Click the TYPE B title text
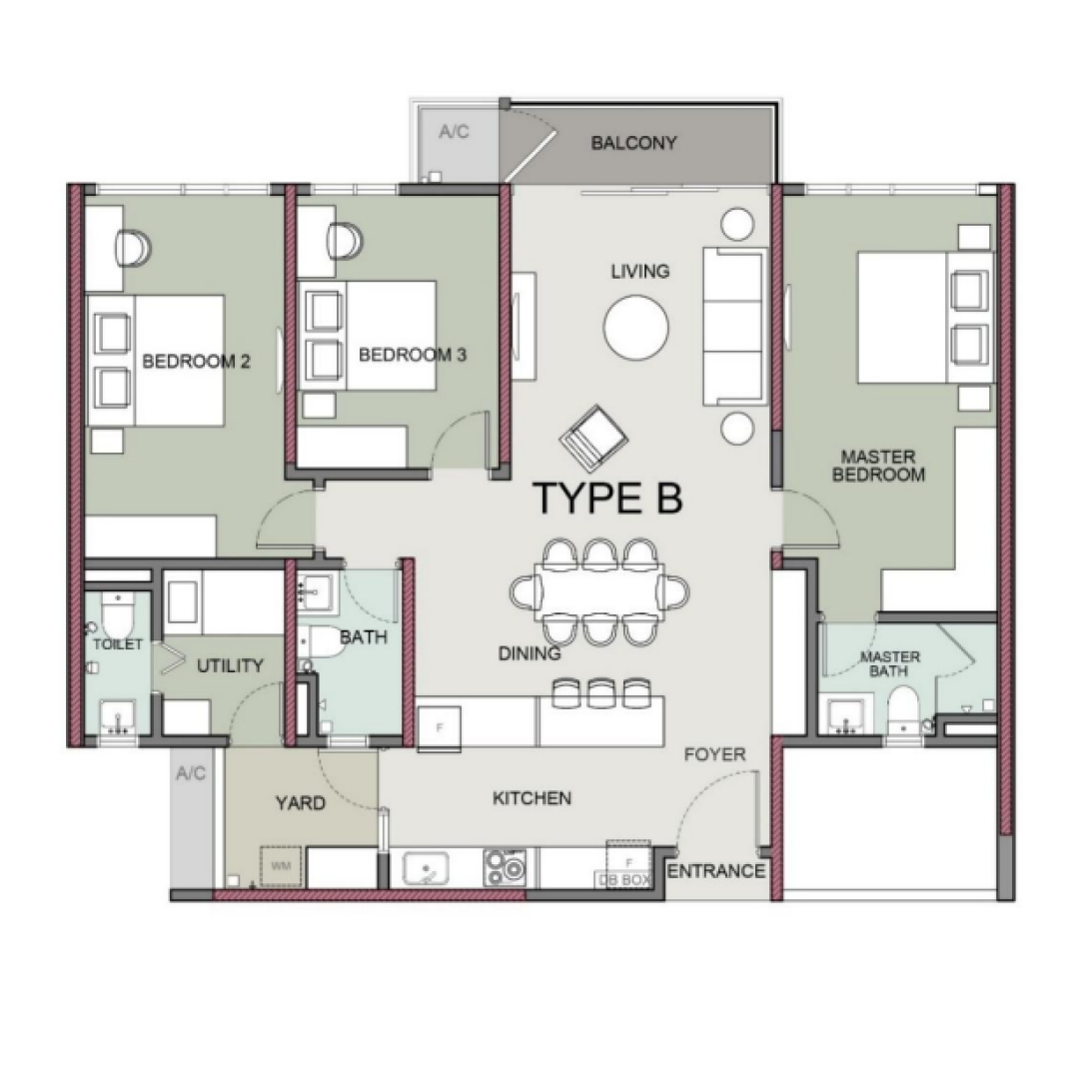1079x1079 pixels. pos(608,499)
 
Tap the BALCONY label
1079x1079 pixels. pos(633,143)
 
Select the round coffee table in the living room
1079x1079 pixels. pos(635,327)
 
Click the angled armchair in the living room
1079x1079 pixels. pos(593,434)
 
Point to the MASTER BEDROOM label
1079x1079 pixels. pos(878,466)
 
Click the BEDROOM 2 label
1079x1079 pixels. pos(196,362)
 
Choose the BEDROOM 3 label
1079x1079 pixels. pos(413,355)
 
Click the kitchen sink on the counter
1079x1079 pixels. pos(426,868)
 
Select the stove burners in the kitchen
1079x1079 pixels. pos(505,868)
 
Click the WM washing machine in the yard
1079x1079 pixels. pos(281,866)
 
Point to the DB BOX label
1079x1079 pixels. pos(623,879)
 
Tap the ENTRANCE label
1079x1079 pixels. pos(715,871)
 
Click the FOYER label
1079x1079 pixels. pos(715,755)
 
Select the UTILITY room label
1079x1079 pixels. pos(230,665)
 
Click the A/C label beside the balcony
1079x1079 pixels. pos(455,132)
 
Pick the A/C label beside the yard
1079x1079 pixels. pos(191,773)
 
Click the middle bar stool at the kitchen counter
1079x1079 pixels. pos(600,693)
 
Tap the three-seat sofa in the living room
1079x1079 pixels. pos(735,326)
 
